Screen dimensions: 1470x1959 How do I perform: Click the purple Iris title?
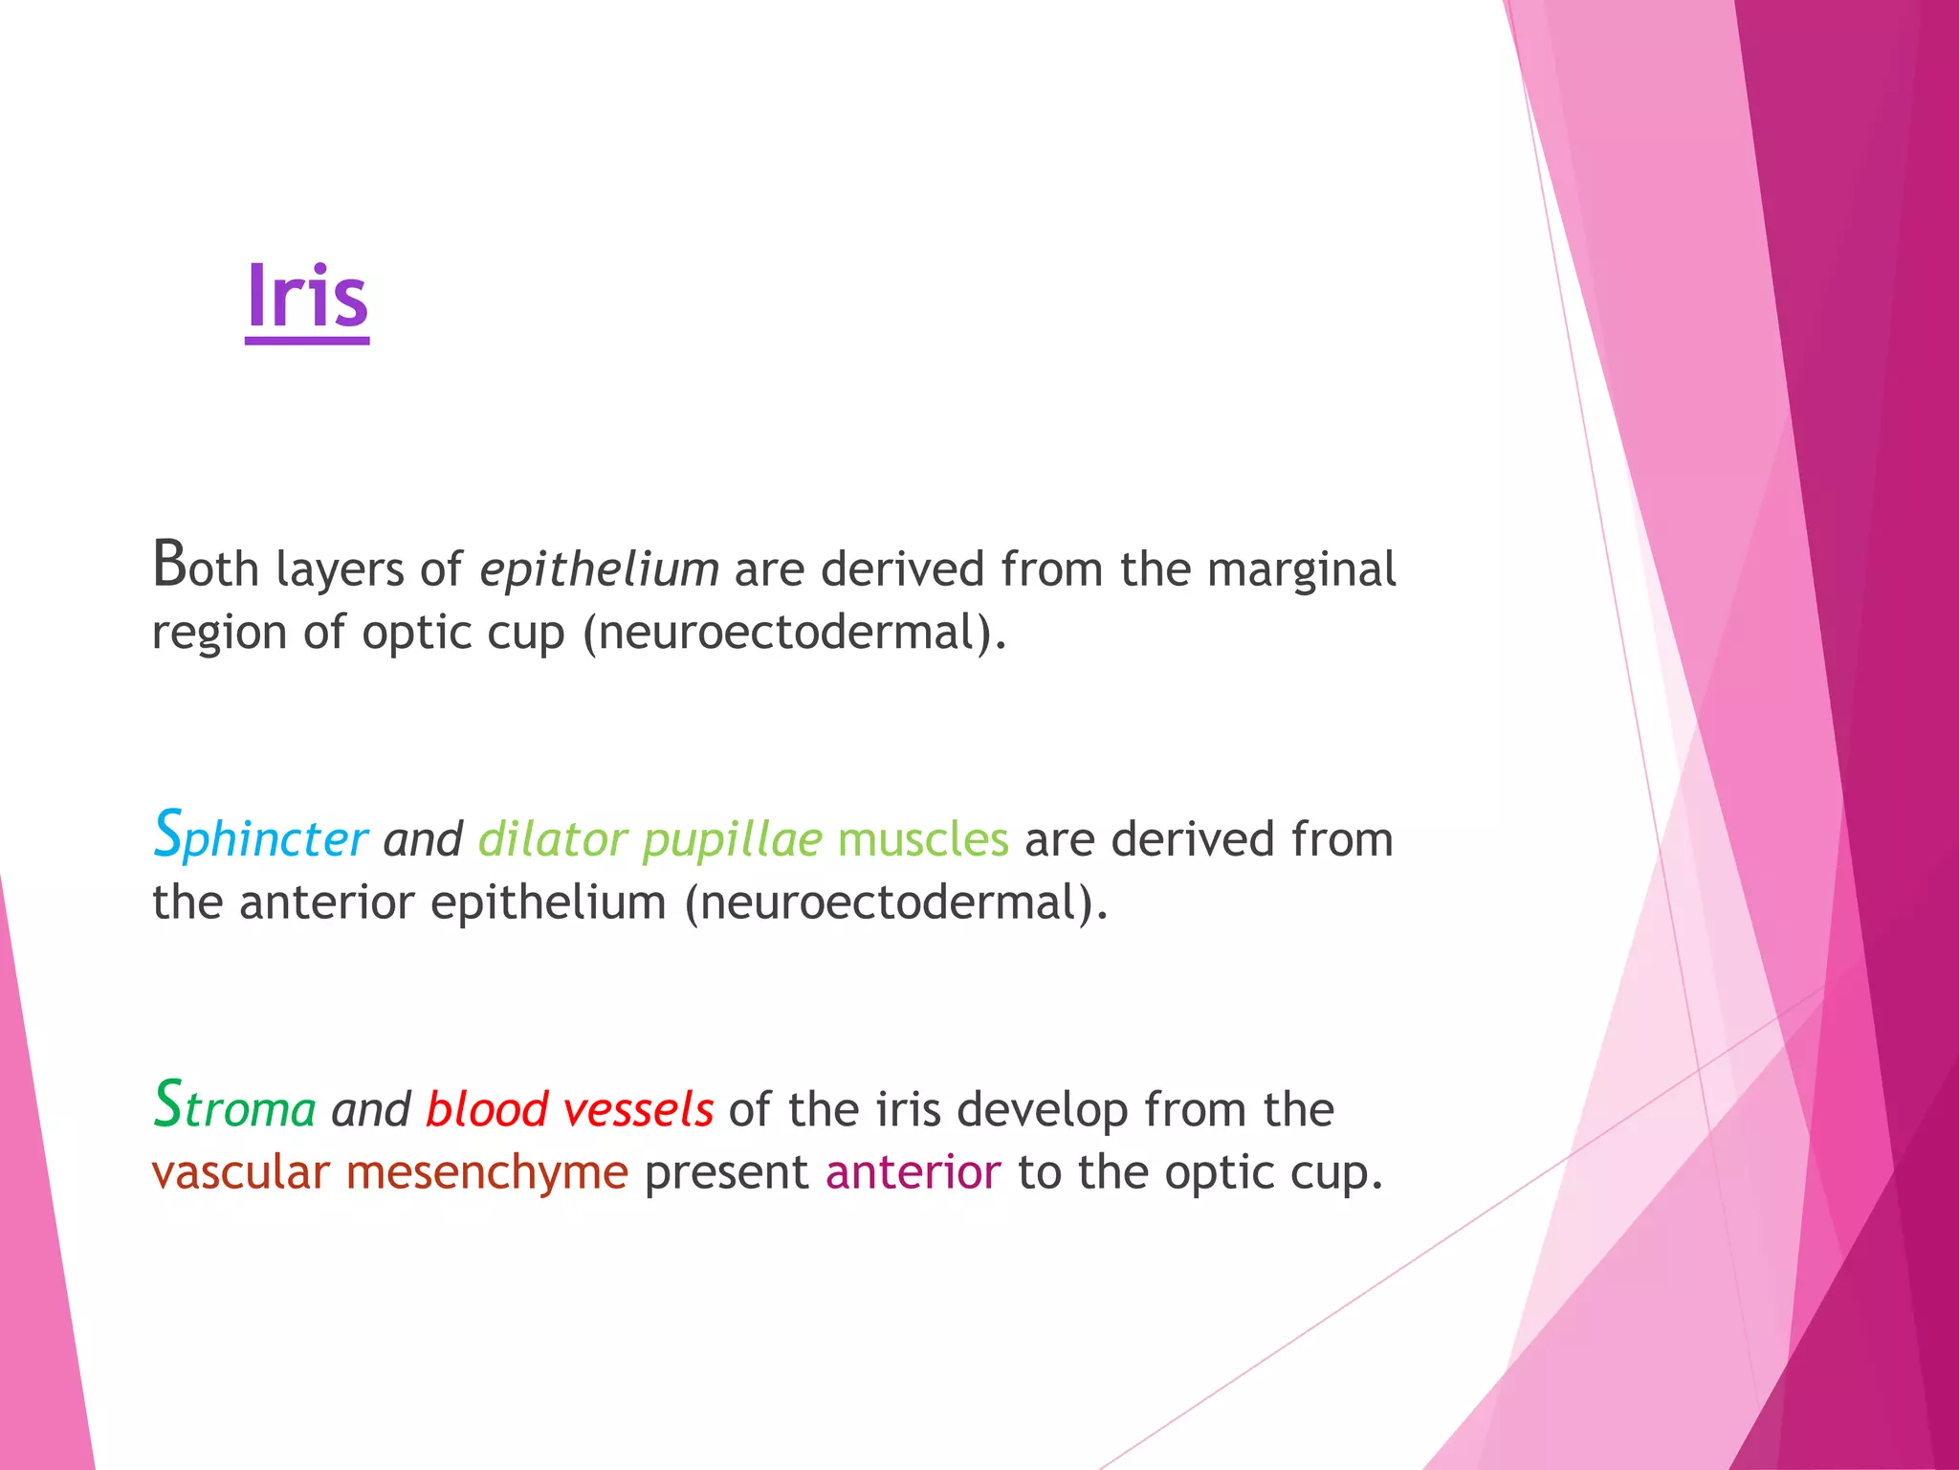(x=307, y=298)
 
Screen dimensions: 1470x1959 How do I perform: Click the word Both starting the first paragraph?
(x=206, y=568)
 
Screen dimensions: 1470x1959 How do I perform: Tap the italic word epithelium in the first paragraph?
(x=599, y=570)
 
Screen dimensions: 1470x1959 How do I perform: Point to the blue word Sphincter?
(x=260, y=836)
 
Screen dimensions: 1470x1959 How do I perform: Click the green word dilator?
(x=552, y=839)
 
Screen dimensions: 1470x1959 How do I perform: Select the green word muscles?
(x=922, y=839)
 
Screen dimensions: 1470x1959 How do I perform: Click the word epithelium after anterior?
(x=548, y=903)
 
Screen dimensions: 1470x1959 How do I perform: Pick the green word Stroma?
(x=234, y=1107)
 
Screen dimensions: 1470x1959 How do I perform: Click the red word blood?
(x=486, y=1109)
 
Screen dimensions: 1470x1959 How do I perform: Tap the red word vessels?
(x=638, y=1110)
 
